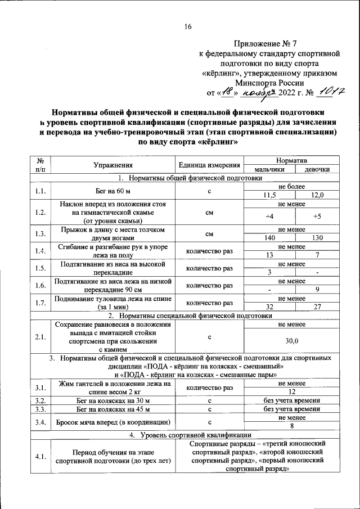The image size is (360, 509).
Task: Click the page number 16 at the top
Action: tap(188, 26)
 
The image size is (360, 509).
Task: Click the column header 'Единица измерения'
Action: tap(209, 165)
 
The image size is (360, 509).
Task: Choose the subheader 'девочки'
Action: tap(317, 169)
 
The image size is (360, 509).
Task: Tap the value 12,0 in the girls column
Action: tap(317, 195)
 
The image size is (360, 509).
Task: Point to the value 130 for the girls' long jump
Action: tap(317, 238)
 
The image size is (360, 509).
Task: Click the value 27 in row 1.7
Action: tap(317, 307)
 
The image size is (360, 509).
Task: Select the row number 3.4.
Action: tap(40, 421)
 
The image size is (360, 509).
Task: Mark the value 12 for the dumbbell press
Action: tap(291, 391)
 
